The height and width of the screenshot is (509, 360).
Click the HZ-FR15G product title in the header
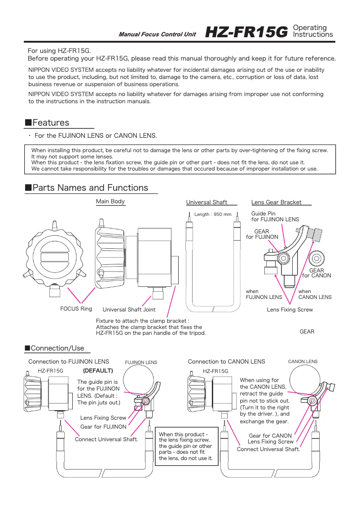[x=246, y=32]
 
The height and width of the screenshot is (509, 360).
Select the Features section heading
[x=51, y=123]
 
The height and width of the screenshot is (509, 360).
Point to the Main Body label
[x=110, y=202]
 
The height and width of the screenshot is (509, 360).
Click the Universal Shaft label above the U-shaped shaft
[x=206, y=202]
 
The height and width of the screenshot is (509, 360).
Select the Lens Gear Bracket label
[x=277, y=202]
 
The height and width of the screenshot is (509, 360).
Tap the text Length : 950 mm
[x=213, y=215]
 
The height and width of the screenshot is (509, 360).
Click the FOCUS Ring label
[x=76, y=309]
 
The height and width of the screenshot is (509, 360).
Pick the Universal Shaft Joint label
[x=129, y=310]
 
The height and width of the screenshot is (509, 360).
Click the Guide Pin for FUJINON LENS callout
[x=275, y=216]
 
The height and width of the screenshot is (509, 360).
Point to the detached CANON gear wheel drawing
[x=317, y=258]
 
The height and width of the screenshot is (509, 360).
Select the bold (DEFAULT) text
[x=98, y=371]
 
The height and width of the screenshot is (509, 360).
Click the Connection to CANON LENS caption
[x=226, y=361]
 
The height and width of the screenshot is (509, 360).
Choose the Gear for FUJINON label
[x=103, y=427]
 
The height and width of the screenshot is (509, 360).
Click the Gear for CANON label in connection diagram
[x=270, y=435]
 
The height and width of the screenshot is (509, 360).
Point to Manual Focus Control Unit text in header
[x=157, y=35]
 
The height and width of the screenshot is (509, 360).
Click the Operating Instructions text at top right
[x=312, y=31]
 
